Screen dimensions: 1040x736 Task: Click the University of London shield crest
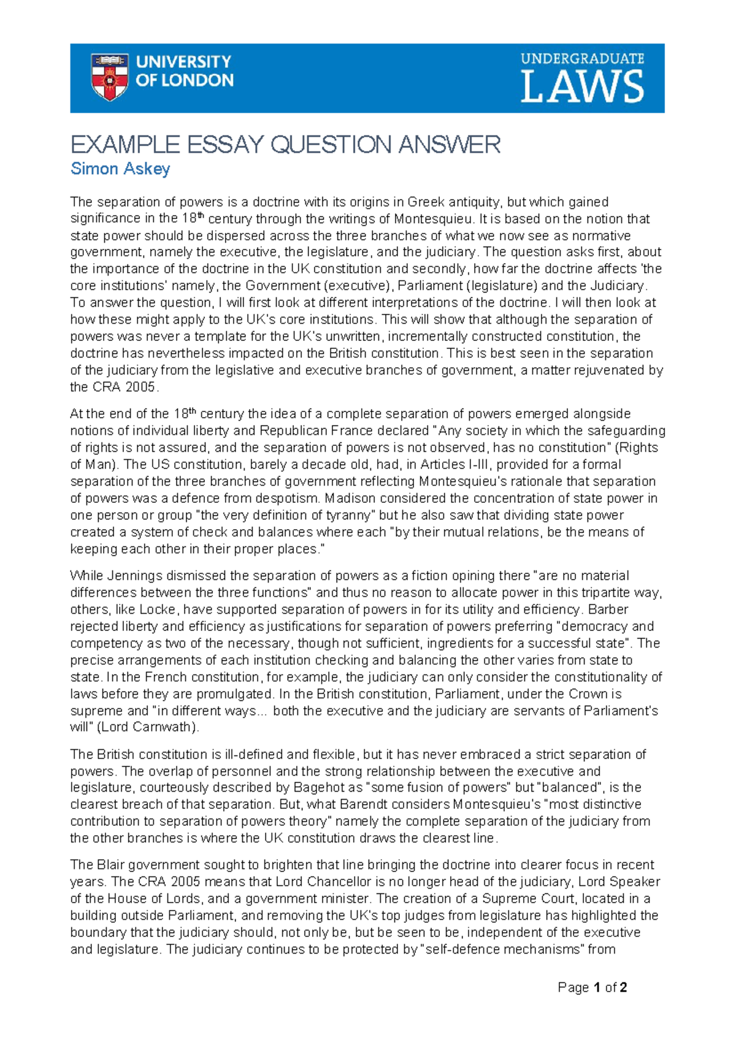(x=109, y=77)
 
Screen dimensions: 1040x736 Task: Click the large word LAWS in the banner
(x=582, y=87)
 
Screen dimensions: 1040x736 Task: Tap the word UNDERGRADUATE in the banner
(x=582, y=59)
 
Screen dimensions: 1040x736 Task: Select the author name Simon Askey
(x=120, y=169)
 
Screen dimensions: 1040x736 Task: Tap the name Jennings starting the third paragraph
(x=130, y=576)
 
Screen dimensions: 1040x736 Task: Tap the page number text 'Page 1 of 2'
(x=592, y=987)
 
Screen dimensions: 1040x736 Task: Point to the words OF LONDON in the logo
(x=184, y=80)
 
